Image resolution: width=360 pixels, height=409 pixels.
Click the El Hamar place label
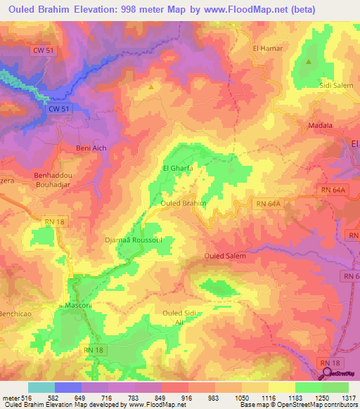click(x=266, y=48)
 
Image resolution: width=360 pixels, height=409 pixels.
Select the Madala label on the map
click(x=321, y=126)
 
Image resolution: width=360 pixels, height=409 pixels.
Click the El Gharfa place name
click(x=176, y=169)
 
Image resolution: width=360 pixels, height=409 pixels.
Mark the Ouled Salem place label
click(x=225, y=257)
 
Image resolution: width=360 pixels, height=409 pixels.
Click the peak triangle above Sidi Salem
click(x=309, y=62)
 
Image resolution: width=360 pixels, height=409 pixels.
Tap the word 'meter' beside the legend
click(x=11, y=398)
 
